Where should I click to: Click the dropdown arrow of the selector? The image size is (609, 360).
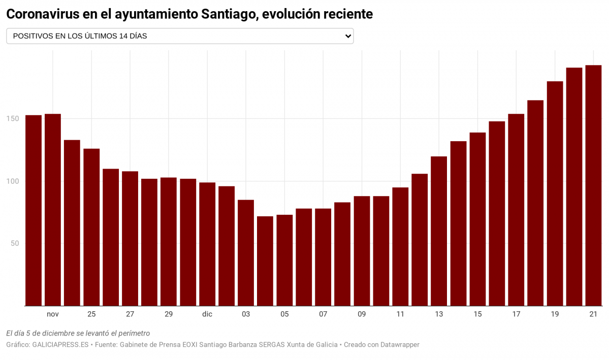(x=348, y=36)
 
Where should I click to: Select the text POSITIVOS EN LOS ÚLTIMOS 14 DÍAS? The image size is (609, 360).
(x=80, y=36)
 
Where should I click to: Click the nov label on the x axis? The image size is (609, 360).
(x=53, y=314)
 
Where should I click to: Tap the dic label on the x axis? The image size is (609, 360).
(x=207, y=314)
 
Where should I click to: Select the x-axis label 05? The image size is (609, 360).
(x=284, y=314)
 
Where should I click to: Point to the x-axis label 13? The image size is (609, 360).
(x=439, y=314)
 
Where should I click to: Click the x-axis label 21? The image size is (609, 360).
(x=593, y=314)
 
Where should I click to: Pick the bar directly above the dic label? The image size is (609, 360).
(x=207, y=244)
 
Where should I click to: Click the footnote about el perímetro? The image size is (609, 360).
(x=78, y=333)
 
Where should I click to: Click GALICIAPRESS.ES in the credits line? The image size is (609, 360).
(x=61, y=345)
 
